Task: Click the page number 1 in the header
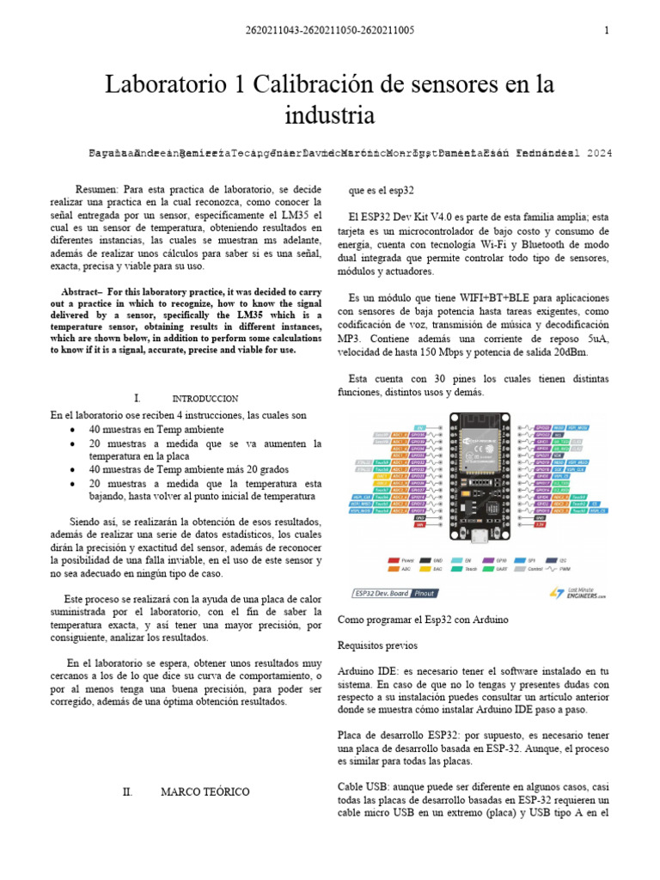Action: [607, 30]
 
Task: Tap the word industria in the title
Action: [329, 114]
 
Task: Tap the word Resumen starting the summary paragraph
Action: [97, 188]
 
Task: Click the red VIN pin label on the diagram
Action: [419, 524]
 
